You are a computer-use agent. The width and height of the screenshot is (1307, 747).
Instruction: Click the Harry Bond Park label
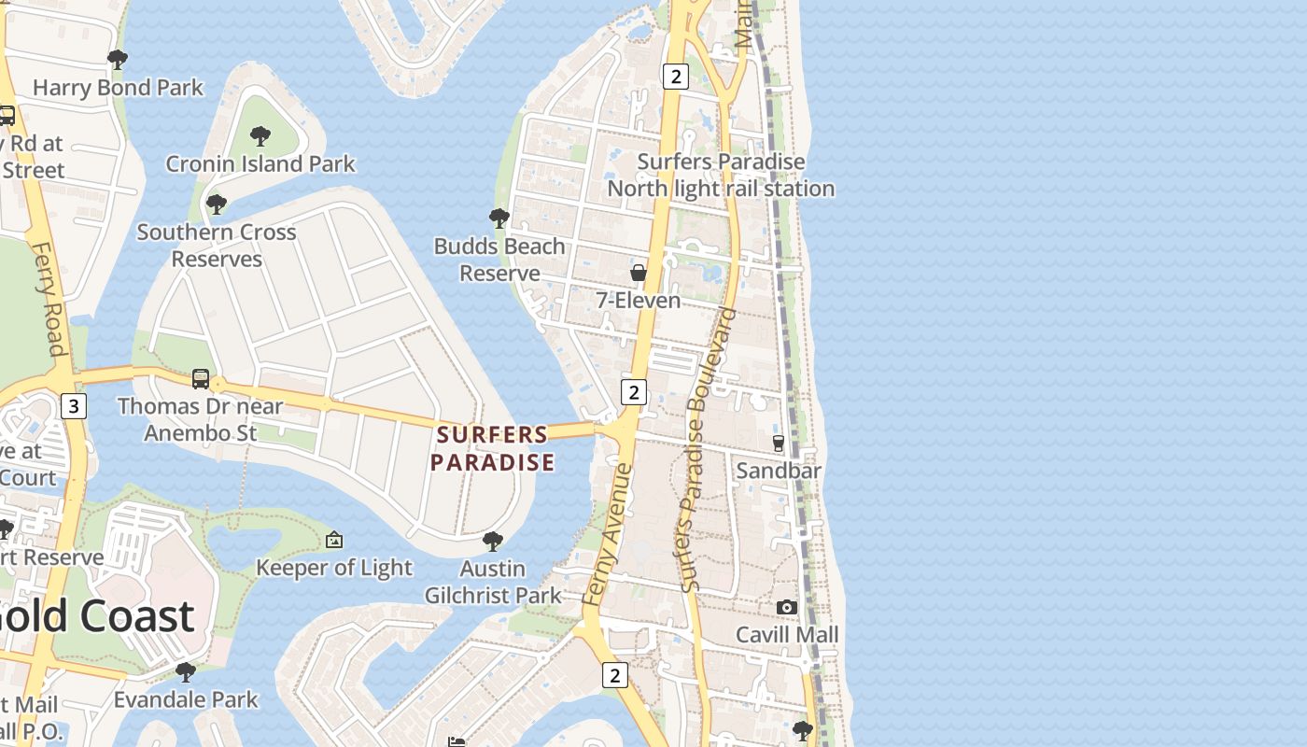118,88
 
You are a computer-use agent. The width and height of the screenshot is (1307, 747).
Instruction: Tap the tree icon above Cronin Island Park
260,136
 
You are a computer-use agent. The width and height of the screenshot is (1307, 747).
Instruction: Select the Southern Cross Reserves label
217,245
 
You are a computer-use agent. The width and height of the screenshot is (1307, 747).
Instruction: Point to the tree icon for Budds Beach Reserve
499,218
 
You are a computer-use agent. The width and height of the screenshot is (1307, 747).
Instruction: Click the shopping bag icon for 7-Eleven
639,273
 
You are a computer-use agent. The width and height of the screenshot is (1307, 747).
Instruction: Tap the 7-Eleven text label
639,301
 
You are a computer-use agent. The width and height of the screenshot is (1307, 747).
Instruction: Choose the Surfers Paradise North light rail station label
721,175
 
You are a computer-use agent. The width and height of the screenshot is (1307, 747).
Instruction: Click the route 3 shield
73,406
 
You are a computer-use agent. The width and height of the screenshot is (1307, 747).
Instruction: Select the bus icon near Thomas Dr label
201,378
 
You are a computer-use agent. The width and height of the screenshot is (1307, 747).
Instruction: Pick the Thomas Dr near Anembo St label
200,419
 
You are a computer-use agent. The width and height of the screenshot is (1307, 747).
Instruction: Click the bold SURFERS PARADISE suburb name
492,448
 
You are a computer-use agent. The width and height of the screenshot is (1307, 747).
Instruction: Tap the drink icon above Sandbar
779,444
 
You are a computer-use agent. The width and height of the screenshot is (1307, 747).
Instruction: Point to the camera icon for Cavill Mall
787,608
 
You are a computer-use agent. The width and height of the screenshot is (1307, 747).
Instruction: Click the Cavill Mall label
787,635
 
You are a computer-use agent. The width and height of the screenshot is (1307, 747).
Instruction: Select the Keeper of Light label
334,568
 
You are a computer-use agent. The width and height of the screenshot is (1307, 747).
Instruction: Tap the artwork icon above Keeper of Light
334,540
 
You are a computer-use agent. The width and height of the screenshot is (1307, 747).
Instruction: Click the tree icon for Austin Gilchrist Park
493,541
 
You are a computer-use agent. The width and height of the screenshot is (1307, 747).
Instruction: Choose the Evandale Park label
186,699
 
